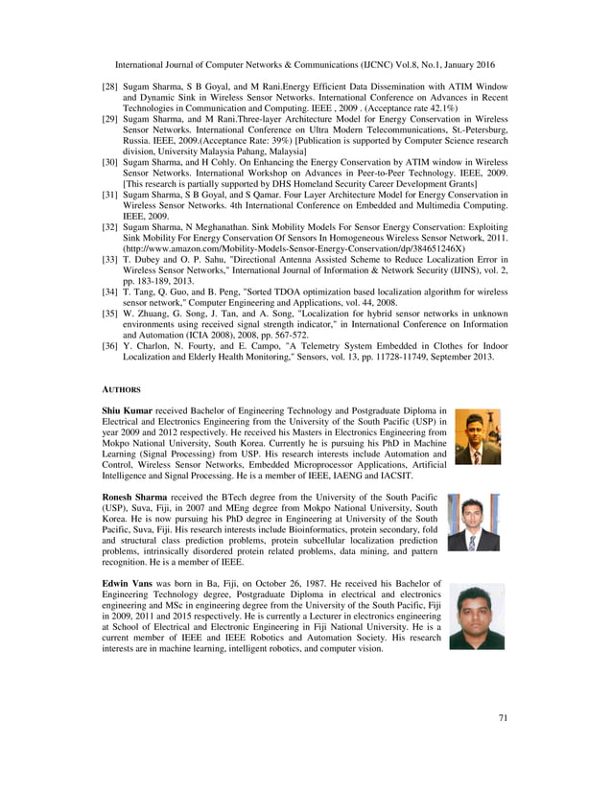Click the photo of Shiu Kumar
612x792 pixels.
pos(477,437)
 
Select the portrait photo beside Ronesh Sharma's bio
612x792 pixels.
pos(473,523)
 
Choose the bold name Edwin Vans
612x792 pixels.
pos(128,582)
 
